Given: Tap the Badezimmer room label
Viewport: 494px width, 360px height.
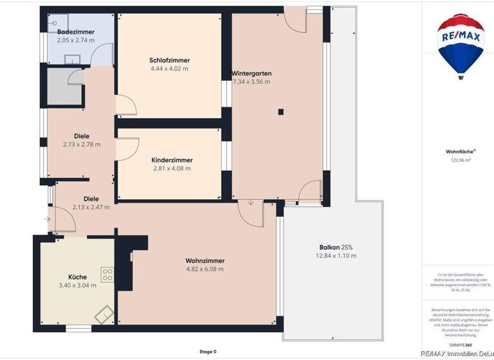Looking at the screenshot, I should (x=75, y=32).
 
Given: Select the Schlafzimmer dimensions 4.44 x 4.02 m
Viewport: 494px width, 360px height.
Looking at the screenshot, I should (x=169, y=69).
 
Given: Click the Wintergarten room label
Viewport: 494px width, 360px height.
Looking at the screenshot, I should (x=251, y=73).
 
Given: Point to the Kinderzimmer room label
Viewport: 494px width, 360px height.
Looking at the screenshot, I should (x=172, y=160).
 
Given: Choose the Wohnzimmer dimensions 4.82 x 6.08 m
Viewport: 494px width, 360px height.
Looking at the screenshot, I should (x=205, y=269).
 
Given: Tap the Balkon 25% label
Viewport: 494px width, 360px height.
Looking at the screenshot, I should (x=336, y=248).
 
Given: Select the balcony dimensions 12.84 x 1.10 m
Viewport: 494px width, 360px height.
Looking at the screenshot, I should (x=336, y=256).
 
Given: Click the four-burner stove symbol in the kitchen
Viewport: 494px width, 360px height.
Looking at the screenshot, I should (x=107, y=275).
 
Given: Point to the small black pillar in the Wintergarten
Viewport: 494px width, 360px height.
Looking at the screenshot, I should (x=280, y=112).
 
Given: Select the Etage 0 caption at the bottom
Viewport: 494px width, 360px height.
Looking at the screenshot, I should (x=207, y=352).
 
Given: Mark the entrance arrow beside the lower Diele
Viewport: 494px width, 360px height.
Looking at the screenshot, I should (x=48, y=219).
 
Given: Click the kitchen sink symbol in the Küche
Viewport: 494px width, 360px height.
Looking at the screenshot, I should (x=104, y=314).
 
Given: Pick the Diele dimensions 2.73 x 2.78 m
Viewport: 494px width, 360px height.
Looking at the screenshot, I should (x=81, y=145).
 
